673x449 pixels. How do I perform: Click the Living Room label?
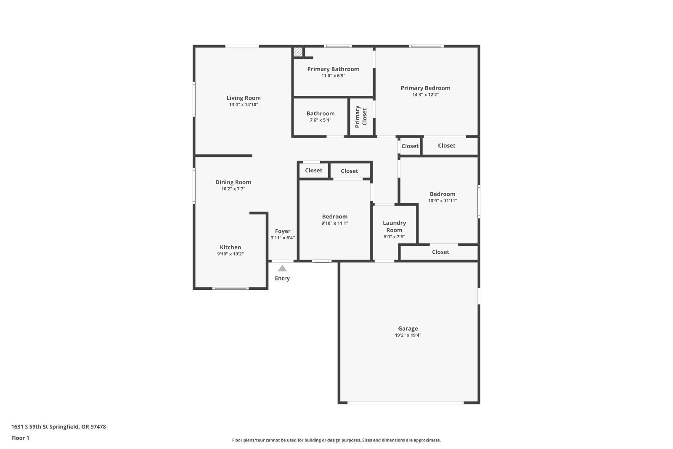[x=244, y=98]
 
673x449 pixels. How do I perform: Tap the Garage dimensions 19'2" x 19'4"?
[x=408, y=335]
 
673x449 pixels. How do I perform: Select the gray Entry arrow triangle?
[x=282, y=268]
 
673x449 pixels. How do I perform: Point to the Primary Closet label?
[x=361, y=117]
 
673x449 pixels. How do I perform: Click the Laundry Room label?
[x=394, y=226]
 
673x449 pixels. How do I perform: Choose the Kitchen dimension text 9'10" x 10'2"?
[x=231, y=254]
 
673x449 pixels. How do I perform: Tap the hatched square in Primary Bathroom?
[x=298, y=52]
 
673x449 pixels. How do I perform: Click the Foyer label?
[x=283, y=231]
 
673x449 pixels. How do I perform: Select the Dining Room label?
[x=233, y=182]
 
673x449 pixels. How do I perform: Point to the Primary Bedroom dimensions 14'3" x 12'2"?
[x=425, y=95]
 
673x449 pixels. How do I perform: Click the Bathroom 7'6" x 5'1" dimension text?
[x=321, y=120]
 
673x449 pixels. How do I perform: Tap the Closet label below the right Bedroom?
[x=440, y=252]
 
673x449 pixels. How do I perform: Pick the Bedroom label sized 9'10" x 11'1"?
[x=335, y=217]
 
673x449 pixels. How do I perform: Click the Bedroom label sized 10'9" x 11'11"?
[x=442, y=194]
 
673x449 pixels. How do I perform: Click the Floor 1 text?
[x=20, y=438]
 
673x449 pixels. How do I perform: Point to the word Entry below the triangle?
[x=282, y=278]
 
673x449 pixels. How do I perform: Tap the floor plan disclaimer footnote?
[x=336, y=440]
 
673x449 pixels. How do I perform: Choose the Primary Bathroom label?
[x=333, y=69]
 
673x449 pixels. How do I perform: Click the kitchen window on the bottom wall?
[x=230, y=289]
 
